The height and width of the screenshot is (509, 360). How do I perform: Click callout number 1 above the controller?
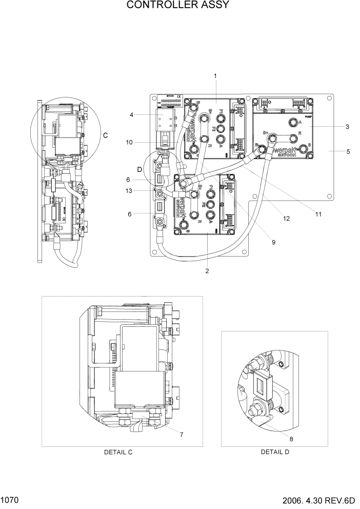215,76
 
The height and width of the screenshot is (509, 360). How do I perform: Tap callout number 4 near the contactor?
132,115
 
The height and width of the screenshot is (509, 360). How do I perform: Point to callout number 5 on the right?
333,151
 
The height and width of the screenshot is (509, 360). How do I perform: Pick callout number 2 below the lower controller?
207,271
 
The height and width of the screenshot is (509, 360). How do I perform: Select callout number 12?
286,219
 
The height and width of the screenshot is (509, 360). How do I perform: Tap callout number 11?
318,214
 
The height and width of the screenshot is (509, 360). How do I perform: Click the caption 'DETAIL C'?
118,452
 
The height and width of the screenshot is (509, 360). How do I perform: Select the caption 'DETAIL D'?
275,452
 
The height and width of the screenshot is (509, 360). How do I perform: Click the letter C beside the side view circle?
106,135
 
